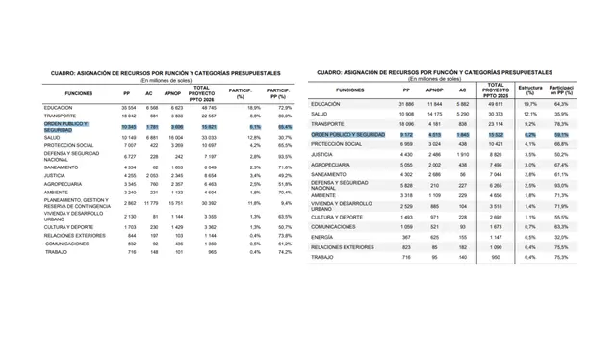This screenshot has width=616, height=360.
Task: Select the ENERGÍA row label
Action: (x=324, y=236)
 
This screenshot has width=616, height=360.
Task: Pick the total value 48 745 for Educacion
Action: (x=207, y=107)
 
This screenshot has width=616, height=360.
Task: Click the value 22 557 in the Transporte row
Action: (x=207, y=116)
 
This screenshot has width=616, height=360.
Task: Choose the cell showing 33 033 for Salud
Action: (x=207, y=137)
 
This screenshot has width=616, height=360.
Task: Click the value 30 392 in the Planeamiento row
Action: (x=207, y=204)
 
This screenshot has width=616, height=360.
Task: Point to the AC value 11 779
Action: (x=150, y=204)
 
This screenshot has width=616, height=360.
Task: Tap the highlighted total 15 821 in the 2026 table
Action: (x=207, y=126)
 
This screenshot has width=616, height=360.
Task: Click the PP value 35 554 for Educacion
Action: (x=129, y=107)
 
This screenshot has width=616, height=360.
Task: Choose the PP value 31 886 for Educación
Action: (x=406, y=103)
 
